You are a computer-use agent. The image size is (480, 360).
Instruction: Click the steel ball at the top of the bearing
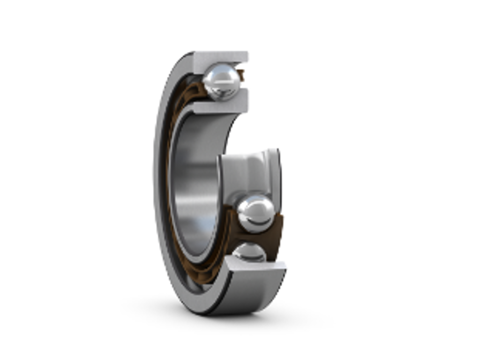(222, 82)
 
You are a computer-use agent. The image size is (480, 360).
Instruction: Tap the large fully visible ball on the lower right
(255, 214)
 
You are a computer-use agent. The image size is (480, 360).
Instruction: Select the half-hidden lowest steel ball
(249, 252)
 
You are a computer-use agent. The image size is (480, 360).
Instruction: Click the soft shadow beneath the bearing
(225, 321)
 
